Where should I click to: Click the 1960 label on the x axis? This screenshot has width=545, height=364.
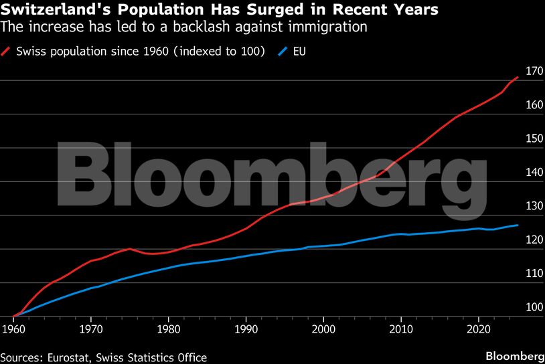coord(13,329)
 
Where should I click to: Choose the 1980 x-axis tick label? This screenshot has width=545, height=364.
coord(168,329)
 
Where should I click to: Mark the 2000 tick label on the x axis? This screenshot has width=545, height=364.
coord(323,329)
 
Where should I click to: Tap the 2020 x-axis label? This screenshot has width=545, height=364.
coord(478,329)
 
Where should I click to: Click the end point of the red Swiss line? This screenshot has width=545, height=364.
coord(518,77)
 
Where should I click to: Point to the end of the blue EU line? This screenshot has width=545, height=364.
coord(518,225)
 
